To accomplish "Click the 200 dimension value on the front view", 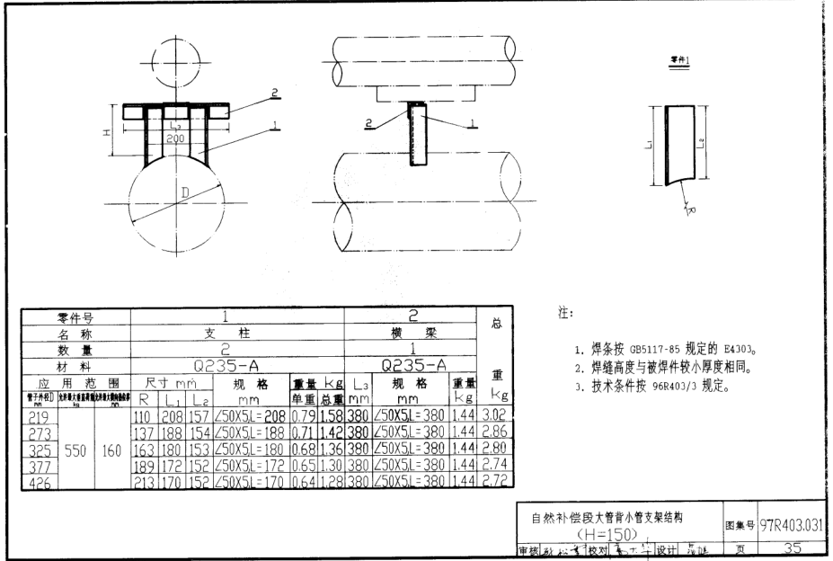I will point(175,138).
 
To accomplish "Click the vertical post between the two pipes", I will point(416,134).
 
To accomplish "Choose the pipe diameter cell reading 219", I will point(39,418).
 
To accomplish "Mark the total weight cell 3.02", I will point(494,418).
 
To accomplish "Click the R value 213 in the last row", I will point(145,482).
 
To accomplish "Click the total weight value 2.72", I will point(494,482).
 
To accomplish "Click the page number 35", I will point(792,549).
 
